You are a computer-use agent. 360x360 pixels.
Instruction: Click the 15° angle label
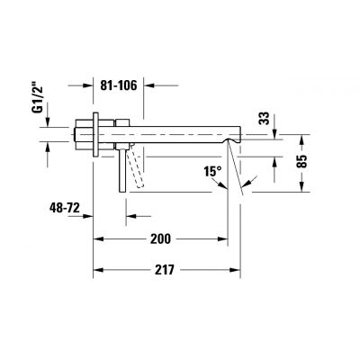coord(212,170)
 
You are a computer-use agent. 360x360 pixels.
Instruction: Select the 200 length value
coord(160,238)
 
